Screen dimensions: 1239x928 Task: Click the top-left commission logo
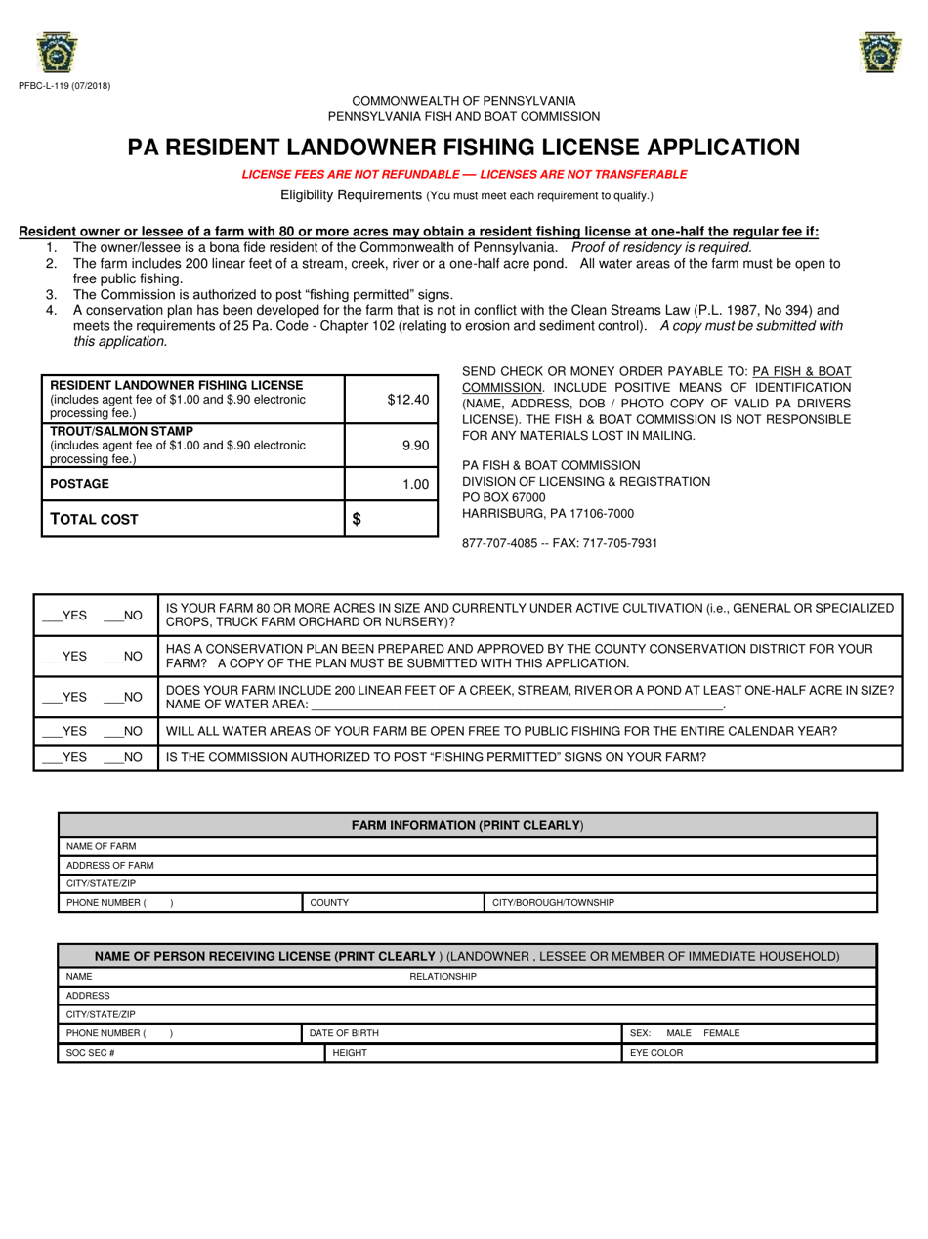click(57, 54)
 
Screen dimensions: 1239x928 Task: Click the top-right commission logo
click(879, 54)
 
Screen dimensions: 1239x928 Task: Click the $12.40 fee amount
click(407, 399)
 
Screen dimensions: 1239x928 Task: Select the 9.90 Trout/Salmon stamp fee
click(415, 445)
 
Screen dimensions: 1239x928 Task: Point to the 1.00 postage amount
click(415, 484)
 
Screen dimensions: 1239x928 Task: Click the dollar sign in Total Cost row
click(357, 520)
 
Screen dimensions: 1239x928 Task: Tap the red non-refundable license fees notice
click(464, 175)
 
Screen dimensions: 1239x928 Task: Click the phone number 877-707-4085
click(498, 543)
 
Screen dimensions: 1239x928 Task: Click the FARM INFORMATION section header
click(467, 826)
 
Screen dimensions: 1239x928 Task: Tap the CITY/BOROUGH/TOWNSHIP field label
click(553, 902)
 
